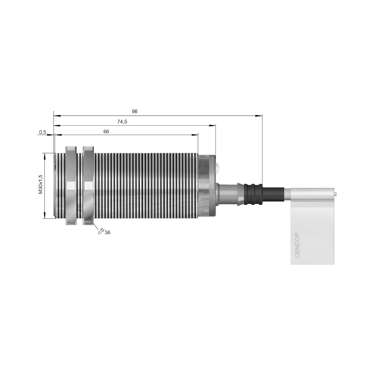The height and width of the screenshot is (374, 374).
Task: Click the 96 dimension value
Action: point(135,111)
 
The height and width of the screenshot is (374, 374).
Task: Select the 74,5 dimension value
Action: point(122,122)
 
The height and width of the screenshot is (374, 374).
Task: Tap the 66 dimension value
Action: point(106,131)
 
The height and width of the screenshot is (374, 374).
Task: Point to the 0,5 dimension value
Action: point(43,132)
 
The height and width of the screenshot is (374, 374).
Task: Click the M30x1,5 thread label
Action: point(41,184)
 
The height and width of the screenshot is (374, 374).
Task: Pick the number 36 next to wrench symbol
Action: point(108,232)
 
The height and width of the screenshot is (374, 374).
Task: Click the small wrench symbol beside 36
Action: point(101,231)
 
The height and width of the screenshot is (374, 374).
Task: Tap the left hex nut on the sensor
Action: point(71,186)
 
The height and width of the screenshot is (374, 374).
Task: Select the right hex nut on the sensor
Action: point(88,186)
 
